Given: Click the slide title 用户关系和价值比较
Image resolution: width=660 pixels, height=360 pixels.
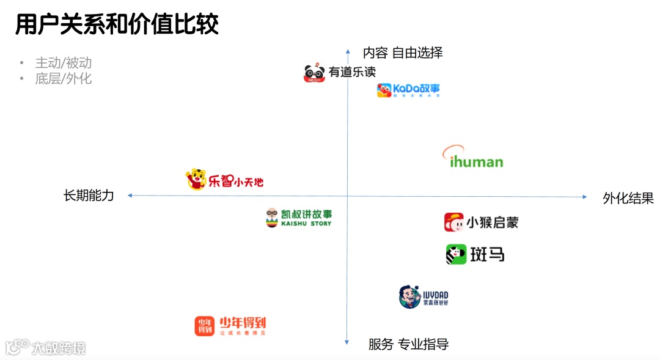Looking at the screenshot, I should (x=117, y=24).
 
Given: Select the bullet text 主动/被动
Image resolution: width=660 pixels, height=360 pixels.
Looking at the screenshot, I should (x=63, y=63).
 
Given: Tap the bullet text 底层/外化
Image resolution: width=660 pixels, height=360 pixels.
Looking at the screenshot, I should (x=63, y=78).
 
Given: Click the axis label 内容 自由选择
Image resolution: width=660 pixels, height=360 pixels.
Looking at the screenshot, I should (x=403, y=53).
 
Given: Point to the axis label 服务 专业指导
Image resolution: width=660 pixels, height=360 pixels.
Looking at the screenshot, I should (x=408, y=344).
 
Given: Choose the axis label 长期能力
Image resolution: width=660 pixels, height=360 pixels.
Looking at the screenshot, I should (x=89, y=196).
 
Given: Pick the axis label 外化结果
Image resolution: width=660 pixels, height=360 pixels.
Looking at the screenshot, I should (x=628, y=198).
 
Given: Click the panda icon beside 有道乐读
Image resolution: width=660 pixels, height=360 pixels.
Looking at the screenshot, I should (x=314, y=73).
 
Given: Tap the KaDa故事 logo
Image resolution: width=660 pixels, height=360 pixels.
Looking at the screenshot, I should (x=408, y=90).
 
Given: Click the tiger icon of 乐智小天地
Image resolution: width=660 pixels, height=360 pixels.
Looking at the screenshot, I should (x=196, y=179).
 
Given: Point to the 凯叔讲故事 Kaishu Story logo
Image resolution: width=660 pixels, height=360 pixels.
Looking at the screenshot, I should (x=299, y=218).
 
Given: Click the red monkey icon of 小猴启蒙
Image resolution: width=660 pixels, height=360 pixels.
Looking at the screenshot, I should (x=453, y=222).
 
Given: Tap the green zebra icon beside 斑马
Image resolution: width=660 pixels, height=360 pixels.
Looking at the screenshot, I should (x=456, y=254).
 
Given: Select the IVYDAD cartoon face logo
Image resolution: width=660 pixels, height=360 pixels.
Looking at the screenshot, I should (x=409, y=297).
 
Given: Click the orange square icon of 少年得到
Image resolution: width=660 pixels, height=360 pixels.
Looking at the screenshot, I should (x=205, y=326).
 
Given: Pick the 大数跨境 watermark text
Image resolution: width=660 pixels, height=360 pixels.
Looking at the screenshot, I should (x=59, y=348).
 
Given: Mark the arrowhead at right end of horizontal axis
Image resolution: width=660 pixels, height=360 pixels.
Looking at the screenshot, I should (x=585, y=197).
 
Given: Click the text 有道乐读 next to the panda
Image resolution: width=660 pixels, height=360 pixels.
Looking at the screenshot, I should (x=352, y=72).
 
